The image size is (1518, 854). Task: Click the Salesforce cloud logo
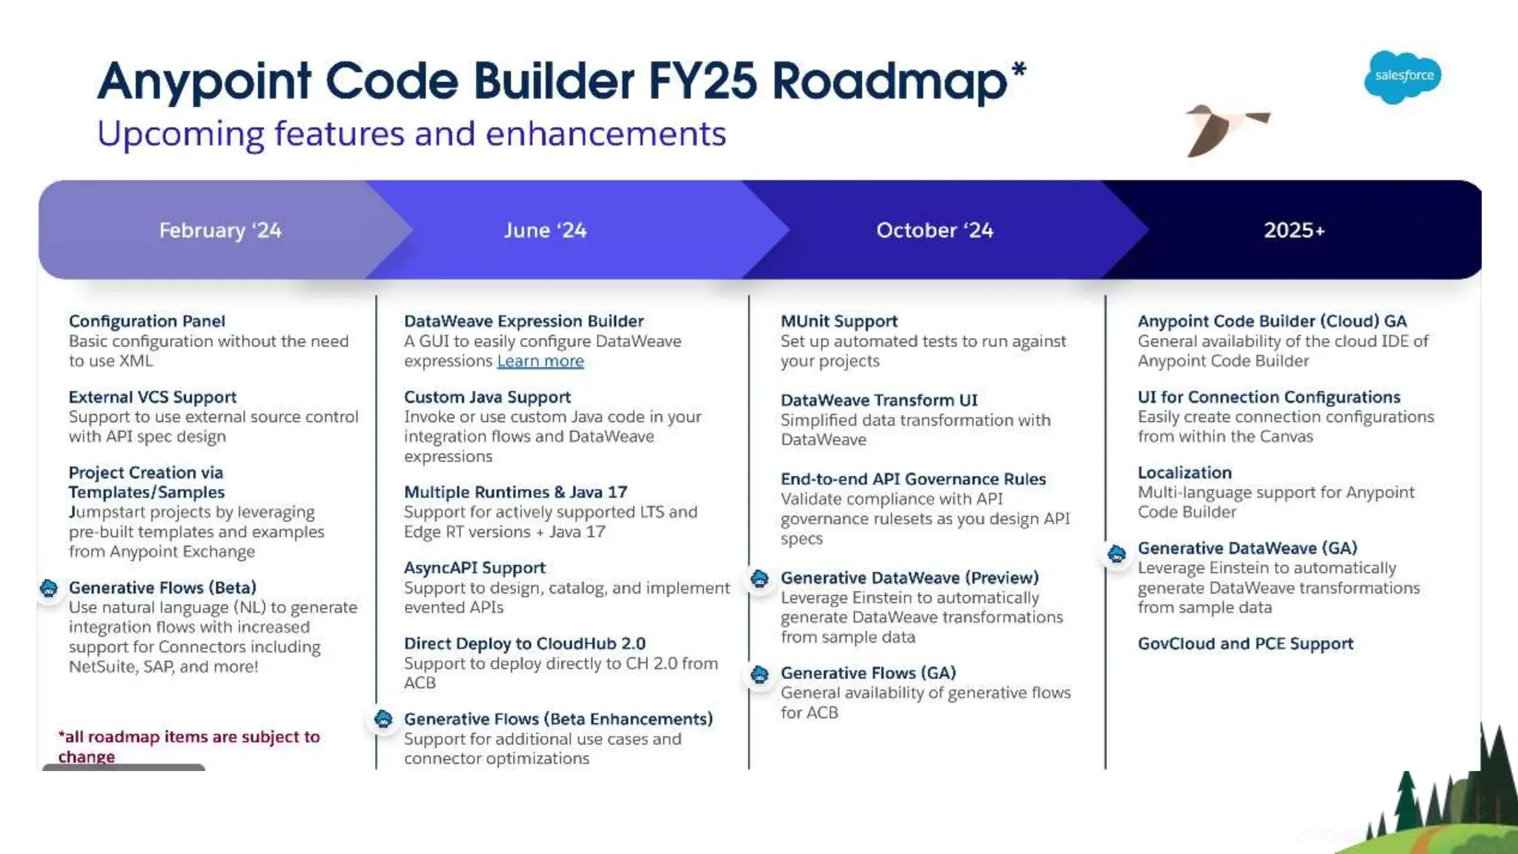tap(1402, 76)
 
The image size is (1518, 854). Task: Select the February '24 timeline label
tap(220, 231)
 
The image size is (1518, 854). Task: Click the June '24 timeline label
tap(545, 231)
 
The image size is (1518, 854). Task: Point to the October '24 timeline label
tap(934, 231)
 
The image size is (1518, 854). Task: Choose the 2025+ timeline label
tap(1294, 231)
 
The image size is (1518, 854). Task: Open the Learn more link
tap(540, 361)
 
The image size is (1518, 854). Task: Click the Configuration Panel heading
tap(147, 321)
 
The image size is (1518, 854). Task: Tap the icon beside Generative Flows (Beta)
tap(49, 589)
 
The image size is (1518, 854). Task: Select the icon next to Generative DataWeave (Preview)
tap(760, 578)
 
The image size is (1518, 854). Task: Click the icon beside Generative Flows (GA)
tap(760, 674)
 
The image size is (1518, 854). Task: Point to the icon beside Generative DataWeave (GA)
tap(1117, 553)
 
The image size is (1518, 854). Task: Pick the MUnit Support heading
tap(838, 321)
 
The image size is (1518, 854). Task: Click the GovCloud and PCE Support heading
tap(1245, 643)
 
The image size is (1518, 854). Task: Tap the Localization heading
tap(1184, 473)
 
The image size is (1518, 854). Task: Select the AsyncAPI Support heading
tap(474, 568)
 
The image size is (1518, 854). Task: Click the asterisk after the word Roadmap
tap(1018, 70)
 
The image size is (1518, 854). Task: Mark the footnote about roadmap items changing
tap(188, 746)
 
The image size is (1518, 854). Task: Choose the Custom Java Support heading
tap(487, 397)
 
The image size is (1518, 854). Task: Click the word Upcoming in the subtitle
tap(180, 135)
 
